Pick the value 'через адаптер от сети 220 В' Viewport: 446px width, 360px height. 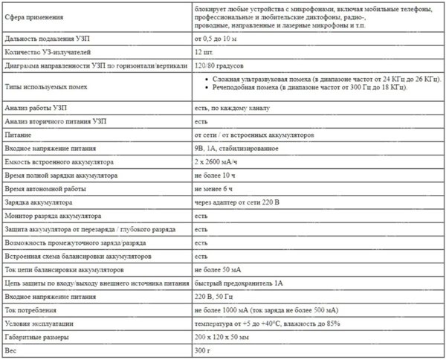click(x=239, y=202)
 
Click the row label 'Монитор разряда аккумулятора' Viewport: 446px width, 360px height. click(x=58, y=215)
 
